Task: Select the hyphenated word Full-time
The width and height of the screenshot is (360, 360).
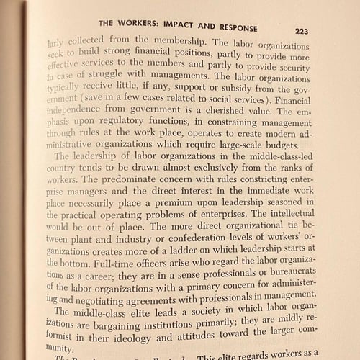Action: tap(103, 261)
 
